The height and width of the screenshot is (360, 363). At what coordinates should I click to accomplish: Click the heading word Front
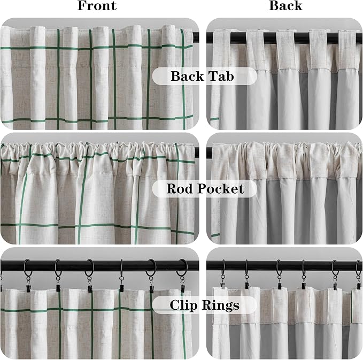(x=97, y=5)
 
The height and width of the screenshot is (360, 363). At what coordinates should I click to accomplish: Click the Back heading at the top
(x=285, y=5)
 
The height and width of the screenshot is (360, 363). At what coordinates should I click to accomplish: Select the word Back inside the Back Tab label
(x=187, y=76)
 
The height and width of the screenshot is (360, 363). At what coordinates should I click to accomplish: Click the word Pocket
(x=221, y=189)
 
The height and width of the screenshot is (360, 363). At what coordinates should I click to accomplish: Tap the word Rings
(x=220, y=305)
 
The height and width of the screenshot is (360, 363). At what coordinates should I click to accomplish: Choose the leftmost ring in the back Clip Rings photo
(x=223, y=267)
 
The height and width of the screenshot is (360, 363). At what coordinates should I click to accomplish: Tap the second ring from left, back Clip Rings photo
(x=246, y=267)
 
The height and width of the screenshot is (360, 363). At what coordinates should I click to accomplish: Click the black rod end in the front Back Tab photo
(x=196, y=37)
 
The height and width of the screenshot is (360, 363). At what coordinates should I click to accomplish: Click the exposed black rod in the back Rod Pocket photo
(x=209, y=152)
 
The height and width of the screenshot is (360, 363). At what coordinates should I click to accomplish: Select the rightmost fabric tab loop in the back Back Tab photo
(x=346, y=50)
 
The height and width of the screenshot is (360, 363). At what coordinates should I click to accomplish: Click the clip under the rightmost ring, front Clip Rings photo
(x=183, y=288)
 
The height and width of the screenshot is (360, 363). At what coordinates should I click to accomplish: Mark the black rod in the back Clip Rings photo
(x=284, y=265)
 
